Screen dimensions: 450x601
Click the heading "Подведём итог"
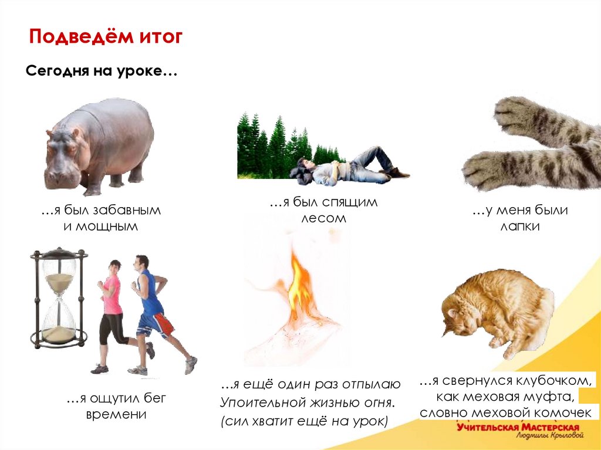coord(106,38)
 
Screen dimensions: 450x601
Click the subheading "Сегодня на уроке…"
coord(101,71)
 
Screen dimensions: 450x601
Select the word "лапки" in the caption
coord(519,226)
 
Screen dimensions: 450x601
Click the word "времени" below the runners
coord(116,414)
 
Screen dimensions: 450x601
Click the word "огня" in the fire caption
coord(375,403)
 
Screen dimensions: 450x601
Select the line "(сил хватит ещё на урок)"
coord(305,421)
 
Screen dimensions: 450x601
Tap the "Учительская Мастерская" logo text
coord(518,428)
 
